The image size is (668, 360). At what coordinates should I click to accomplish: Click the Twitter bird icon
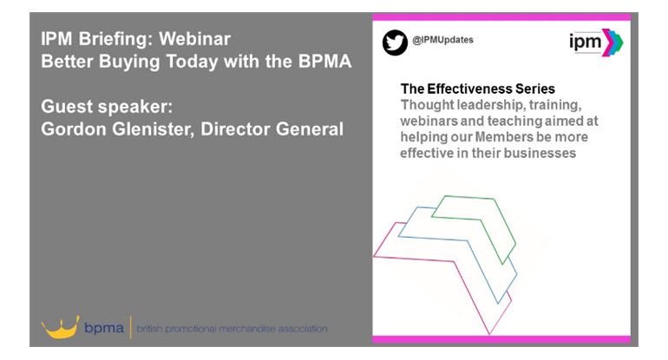click(x=395, y=43)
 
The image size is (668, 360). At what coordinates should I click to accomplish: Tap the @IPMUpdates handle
click(x=442, y=40)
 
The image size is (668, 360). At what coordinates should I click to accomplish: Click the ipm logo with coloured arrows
click(x=597, y=43)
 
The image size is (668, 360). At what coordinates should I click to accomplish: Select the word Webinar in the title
click(x=194, y=39)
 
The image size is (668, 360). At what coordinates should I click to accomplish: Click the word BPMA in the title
click(x=325, y=62)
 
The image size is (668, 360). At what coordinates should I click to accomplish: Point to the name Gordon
click(x=74, y=129)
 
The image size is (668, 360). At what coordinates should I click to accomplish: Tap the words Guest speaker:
click(x=107, y=107)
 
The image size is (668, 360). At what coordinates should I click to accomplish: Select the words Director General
click(x=272, y=129)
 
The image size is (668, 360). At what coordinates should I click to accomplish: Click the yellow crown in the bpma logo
click(x=61, y=327)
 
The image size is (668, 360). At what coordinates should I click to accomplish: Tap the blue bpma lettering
click(x=104, y=328)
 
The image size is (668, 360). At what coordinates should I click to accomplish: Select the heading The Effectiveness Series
click(x=477, y=88)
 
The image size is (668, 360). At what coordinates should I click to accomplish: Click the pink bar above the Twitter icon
click(x=501, y=17)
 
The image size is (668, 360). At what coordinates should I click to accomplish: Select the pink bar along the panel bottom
click(x=501, y=339)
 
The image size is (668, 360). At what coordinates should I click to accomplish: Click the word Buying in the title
click(x=129, y=62)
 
